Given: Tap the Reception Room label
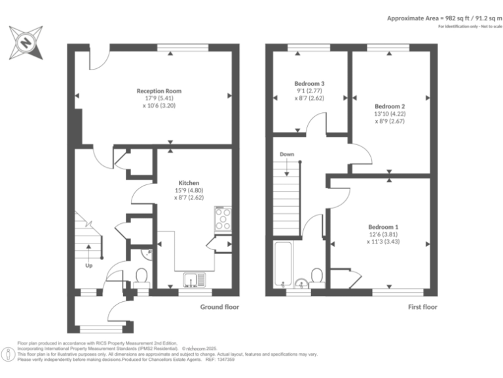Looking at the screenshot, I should tap(159, 91).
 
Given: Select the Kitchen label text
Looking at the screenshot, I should tap(189, 182).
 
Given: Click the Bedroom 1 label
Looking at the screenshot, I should tap(382, 226).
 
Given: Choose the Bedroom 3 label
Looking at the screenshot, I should tap(309, 83).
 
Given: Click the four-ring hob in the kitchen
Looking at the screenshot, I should tap(223, 218).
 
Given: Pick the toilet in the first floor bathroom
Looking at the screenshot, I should tap(317, 276).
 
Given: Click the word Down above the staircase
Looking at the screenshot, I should tap(287, 154).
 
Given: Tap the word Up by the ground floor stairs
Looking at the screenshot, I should tap(88, 266).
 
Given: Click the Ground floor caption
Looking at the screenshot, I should tap(219, 306).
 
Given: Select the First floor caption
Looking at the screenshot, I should tap(422, 306).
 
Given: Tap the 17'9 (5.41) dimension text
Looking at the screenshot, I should tap(159, 98).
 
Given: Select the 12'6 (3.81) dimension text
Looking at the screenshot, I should tap(382, 234).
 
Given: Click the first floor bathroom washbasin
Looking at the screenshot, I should tap(301, 283).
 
